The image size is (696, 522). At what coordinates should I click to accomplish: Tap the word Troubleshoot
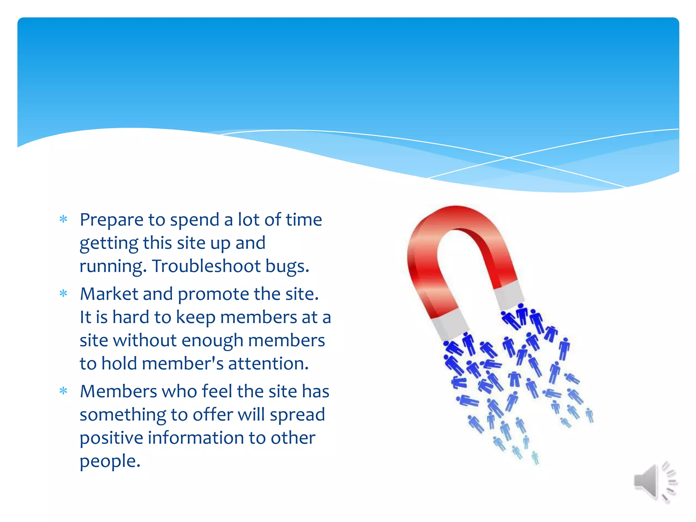(206, 266)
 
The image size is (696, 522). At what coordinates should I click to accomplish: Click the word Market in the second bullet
(109, 294)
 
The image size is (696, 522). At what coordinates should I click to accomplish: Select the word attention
(268, 364)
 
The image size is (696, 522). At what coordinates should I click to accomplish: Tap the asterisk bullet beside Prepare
(64, 219)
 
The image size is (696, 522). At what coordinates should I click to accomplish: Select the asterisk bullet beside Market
(64, 294)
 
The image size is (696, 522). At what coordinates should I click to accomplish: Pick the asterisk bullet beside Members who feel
(64, 391)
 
